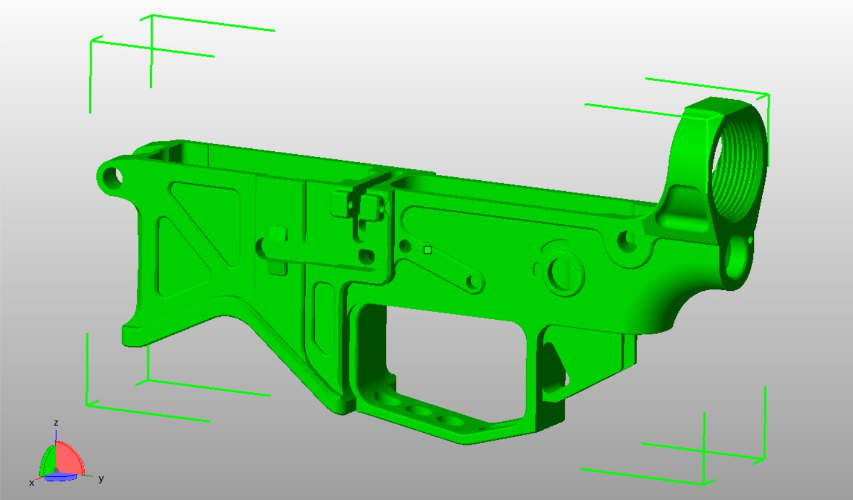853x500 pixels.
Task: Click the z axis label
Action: [x=56, y=423]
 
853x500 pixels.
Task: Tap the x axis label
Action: [x=31, y=483]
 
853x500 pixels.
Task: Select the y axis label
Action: [x=101, y=479]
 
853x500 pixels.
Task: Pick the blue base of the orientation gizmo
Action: [x=60, y=477]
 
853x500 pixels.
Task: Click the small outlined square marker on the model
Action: [x=428, y=250]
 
